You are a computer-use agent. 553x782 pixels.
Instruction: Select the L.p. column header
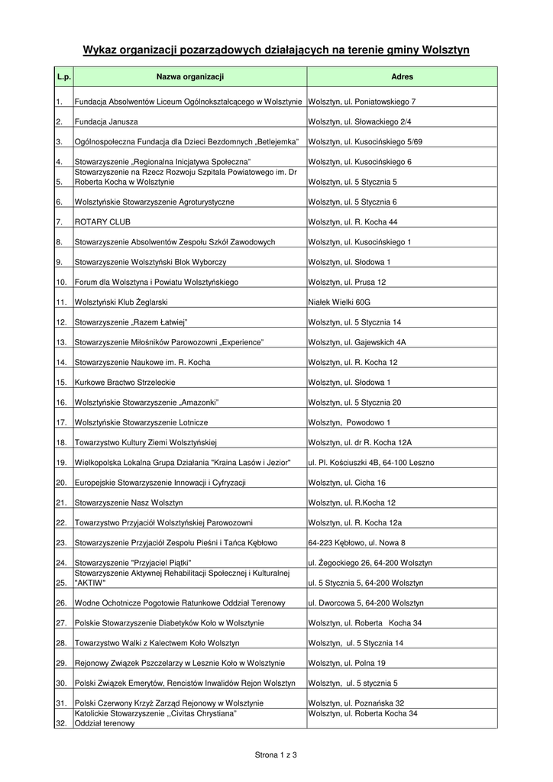(63, 77)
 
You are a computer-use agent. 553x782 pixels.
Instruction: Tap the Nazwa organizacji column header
(190, 77)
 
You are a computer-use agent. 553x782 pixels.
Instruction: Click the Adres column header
(402, 77)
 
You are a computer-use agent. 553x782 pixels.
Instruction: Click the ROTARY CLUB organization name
(102, 222)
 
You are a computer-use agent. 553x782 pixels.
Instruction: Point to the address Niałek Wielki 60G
(339, 302)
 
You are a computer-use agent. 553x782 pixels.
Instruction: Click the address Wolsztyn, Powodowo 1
(349, 422)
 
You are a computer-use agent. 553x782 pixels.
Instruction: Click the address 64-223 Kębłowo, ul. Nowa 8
(357, 543)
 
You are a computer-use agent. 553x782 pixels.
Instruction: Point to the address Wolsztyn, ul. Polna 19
(347, 663)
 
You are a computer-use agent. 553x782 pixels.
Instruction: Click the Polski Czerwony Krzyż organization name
(169, 703)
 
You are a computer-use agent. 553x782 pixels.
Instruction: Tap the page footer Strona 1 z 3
(276, 755)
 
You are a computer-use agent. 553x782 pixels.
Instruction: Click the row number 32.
(61, 723)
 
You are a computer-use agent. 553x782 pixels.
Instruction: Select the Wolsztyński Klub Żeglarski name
(121, 302)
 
